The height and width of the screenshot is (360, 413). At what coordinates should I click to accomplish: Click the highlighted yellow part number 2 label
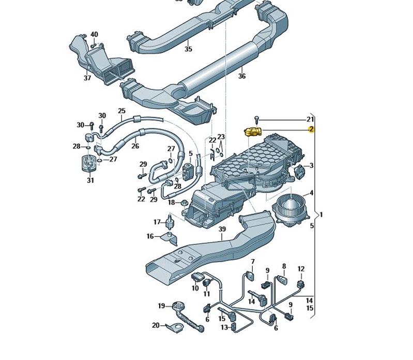(311, 129)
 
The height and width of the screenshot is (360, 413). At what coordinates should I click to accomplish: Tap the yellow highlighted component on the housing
(252, 131)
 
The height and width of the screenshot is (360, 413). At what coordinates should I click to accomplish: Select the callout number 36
(242, 76)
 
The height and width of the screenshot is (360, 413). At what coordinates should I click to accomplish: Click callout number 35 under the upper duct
(188, 49)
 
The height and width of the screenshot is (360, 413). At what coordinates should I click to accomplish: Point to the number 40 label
(94, 35)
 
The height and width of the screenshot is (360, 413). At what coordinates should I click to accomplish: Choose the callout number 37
(87, 78)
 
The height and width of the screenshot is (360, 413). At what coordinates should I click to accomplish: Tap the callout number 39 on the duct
(222, 229)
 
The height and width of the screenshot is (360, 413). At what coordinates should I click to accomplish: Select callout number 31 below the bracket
(90, 180)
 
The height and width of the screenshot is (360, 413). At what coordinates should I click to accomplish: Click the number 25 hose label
(122, 111)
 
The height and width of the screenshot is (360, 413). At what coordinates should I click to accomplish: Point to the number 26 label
(135, 146)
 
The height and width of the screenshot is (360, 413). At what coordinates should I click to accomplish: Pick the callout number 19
(161, 306)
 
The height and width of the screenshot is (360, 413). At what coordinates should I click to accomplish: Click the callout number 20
(156, 325)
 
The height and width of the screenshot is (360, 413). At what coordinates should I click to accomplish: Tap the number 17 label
(157, 222)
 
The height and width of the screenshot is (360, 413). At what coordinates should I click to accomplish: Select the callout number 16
(150, 236)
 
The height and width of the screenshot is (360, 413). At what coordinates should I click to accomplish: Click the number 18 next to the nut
(171, 202)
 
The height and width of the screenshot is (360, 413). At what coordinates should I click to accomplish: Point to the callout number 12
(301, 268)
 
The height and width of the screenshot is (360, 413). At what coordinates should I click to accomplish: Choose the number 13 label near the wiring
(224, 327)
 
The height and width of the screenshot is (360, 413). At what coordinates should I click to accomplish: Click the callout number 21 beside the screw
(310, 119)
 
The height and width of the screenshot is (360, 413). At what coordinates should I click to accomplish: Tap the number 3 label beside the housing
(311, 166)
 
